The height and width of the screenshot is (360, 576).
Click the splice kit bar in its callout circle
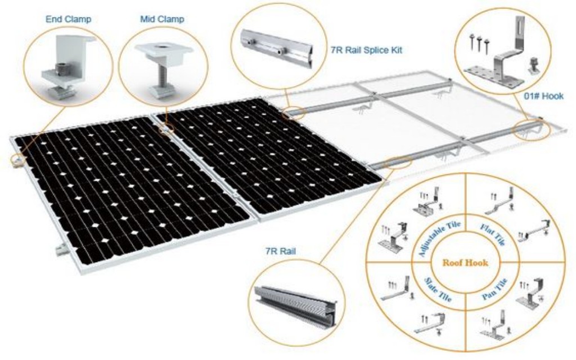click(x=276, y=48)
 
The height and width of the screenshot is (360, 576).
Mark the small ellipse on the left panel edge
click(x=17, y=159)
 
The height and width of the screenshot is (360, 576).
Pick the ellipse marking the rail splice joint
click(x=294, y=112)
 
